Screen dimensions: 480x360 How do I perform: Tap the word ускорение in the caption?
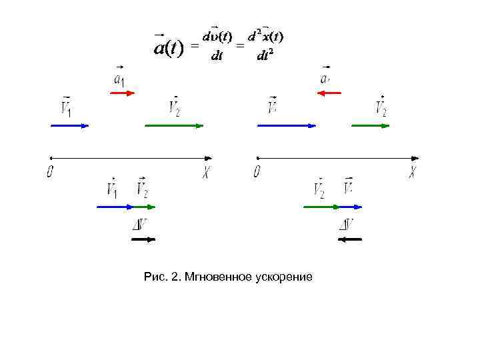click(283, 276)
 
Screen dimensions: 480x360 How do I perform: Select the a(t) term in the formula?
click(168, 47)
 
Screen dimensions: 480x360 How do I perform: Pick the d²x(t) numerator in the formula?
click(266, 35)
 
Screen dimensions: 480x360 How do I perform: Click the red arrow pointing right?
click(122, 93)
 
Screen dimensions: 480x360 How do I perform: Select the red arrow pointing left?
click(329, 93)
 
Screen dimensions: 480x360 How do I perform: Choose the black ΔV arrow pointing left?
click(350, 239)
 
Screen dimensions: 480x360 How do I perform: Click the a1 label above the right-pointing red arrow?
click(119, 80)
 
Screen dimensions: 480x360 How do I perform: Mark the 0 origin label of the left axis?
click(50, 172)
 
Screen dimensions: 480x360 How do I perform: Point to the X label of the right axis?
click(413, 172)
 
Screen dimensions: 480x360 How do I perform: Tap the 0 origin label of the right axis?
click(257, 172)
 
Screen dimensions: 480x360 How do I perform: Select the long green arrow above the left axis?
click(174, 125)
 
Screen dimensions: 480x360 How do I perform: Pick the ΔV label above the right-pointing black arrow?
click(141, 225)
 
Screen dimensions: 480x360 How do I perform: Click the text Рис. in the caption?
click(155, 276)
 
